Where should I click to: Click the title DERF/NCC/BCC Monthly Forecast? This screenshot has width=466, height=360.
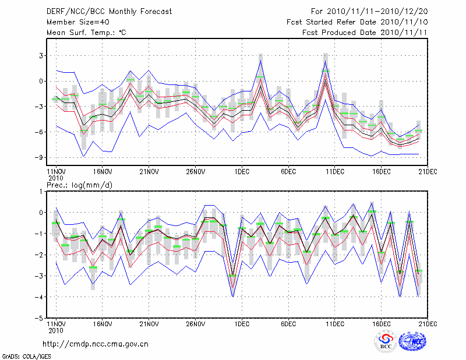point(110,11)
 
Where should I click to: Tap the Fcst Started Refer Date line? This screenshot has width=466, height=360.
point(357,22)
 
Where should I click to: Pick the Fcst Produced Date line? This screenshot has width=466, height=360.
point(365,33)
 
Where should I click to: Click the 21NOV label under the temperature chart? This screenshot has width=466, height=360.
point(149,172)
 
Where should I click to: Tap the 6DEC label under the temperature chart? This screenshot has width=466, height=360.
point(288,172)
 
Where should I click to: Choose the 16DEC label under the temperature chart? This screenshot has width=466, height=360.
point(382,172)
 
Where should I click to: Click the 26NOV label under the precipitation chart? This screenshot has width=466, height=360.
point(196,324)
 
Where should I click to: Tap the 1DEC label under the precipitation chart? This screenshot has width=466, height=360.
point(242,324)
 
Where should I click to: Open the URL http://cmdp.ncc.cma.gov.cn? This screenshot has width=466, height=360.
point(96,344)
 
